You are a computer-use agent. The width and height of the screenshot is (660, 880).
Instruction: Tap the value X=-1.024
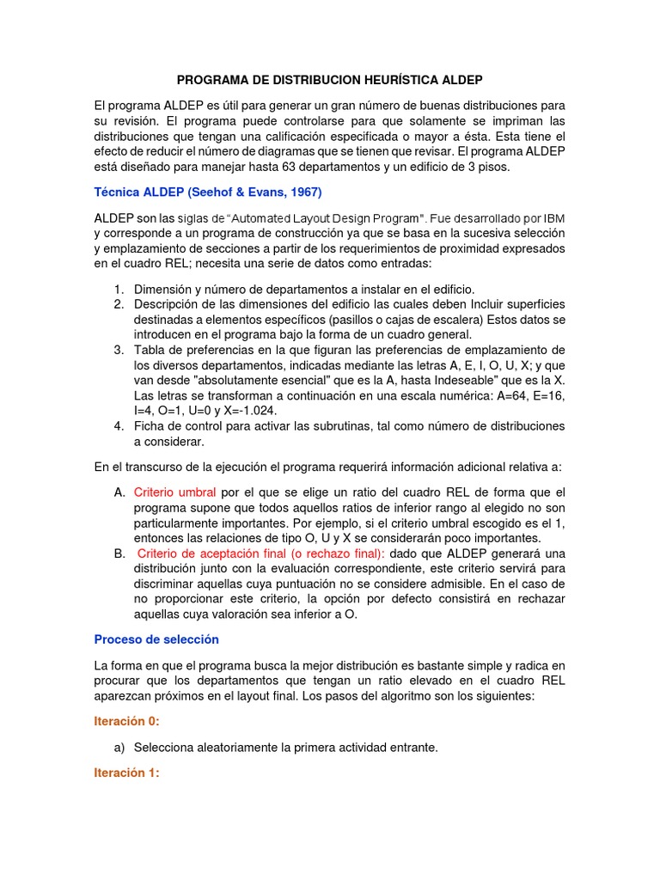[x=253, y=411]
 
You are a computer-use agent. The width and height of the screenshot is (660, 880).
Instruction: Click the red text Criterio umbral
[x=174, y=492]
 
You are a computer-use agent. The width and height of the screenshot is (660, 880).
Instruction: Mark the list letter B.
[x=119, y=553]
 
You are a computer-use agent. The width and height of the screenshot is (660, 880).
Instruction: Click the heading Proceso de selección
[x=156, y=639]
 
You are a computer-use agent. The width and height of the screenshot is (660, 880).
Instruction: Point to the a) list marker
[x=119, y=748]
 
